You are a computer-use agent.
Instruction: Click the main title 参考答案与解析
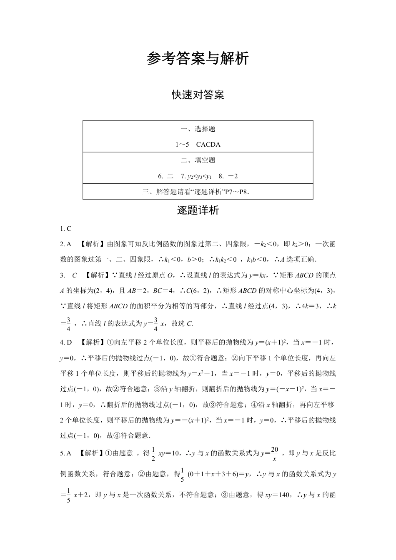(x=198, y=59)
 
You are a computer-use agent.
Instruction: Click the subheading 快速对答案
(x=198, y=95)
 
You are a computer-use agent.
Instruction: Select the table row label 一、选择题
(x=198, y=129)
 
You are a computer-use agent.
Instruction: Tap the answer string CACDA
(x=208, y=145)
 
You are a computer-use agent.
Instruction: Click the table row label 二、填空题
(x=198, y=160)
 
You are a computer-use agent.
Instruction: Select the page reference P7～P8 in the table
(x=241, y=192)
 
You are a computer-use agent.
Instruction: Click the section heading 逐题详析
(x=198, y=210)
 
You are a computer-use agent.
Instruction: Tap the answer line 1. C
(x=66, y=228)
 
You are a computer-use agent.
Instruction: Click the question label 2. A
(x=66, y=244)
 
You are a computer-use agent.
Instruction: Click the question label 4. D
(x=66, y=342)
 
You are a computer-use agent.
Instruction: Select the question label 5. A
(x=66, y=453)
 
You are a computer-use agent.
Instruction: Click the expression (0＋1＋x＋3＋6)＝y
(x=218, y=474)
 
